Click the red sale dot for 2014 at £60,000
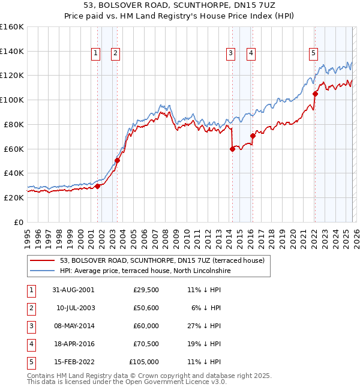(232, 149)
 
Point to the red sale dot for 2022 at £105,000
(315, 94)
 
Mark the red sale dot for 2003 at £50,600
(118, 160)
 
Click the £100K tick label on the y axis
(12, 100)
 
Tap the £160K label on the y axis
(12, 27)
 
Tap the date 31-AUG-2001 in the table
(73, 290)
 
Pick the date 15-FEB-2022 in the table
(73, 362)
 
